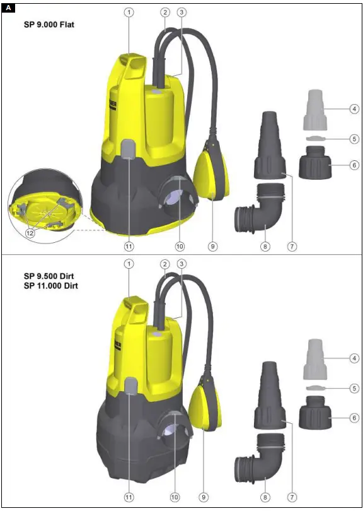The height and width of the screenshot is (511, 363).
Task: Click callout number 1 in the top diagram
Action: [129, 12]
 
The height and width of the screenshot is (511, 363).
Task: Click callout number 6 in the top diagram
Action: [354, 165]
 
